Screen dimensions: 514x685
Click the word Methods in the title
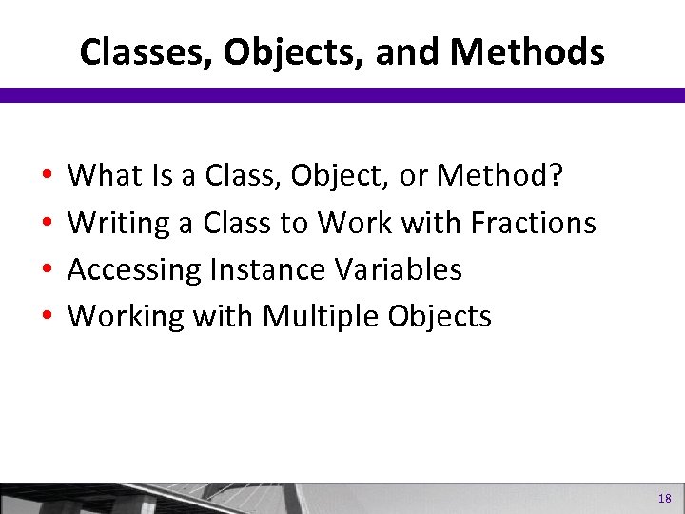[x=527, y=52]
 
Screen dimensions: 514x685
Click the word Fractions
[x=534, y=223]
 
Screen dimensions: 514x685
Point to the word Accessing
[x=134, y=270]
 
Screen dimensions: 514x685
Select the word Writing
[x=119, y=223]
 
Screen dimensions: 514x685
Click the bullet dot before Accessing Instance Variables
[x=47, y=271]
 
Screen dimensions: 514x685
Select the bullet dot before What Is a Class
[x=47, y=176]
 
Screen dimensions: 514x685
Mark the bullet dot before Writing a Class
[x=47, y=224]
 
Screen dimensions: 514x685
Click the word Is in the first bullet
[x=161, y=175]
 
